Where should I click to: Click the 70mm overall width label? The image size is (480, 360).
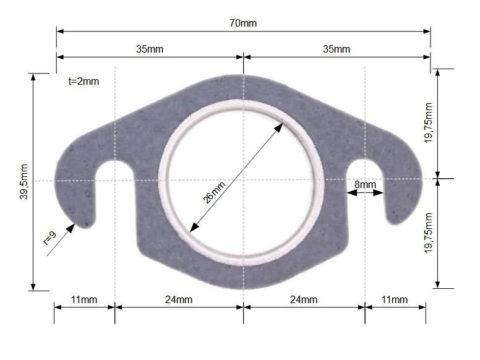[x=242, y=24]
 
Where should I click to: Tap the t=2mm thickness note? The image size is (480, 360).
[x=84, y=81]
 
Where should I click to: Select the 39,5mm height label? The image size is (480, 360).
[x=24, y=181]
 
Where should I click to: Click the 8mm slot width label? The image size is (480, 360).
[x=365, y=184]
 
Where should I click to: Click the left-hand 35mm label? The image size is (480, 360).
[x=150, y=49]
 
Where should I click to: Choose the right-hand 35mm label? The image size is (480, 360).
[x=336, y=49]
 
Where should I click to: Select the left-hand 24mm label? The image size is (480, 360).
[x=179, y=300]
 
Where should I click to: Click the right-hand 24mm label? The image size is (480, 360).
[x=304, y=300]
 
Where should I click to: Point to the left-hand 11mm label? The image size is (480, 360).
[x=84, y=300]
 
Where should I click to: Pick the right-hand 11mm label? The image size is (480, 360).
[x=395, y=300]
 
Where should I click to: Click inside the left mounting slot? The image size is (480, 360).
[x=116, y=186]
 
